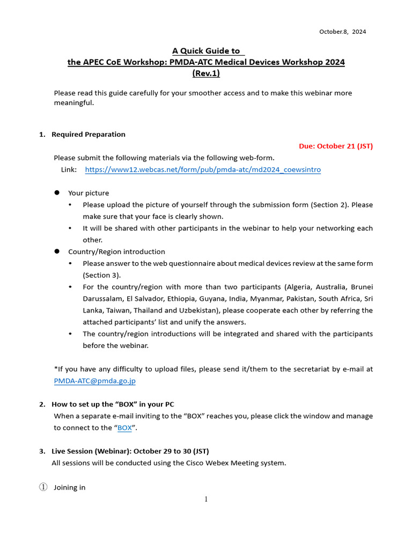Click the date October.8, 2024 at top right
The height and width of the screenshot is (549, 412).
[x=342, y=32]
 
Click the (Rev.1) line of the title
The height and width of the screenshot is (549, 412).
[x=206, y=73]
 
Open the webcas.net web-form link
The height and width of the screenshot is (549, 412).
[x=203, y=169]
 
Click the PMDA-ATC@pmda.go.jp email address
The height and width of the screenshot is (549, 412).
[x=95, y=381]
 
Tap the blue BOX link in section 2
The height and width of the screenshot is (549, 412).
[x=124, y=428]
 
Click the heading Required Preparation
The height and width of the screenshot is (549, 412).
[x=88, y=134]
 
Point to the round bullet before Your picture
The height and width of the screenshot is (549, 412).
[x=56, y=193]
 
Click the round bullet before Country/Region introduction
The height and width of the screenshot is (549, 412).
[x=56, y=251]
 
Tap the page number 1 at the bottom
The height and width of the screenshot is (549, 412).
[x=205, y=500]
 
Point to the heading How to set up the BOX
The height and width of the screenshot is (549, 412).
[x=113, y=404]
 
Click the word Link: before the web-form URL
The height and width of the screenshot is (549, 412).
[x=69, y=169]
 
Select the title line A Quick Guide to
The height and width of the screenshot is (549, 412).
[x=206, y=51]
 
